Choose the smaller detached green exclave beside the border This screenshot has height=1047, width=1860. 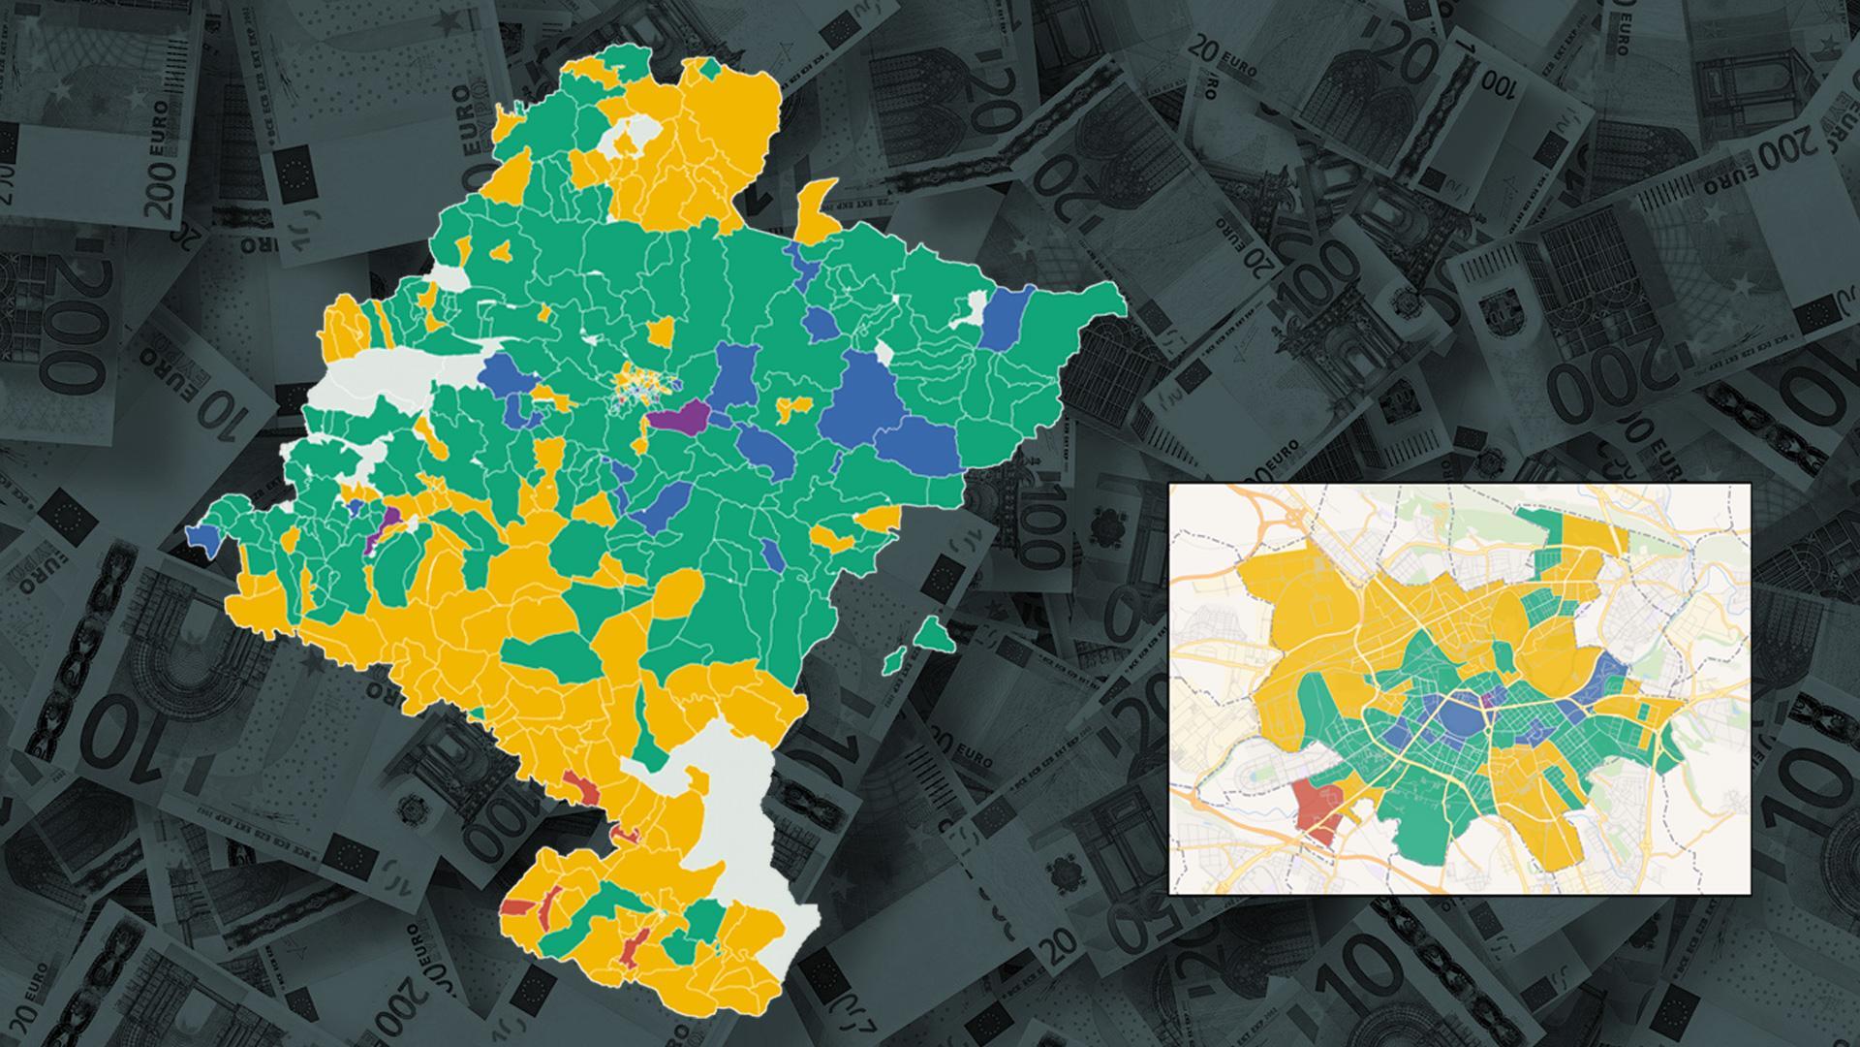(x=895, y=662)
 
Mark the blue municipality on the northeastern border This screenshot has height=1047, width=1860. (x=1006, y=318)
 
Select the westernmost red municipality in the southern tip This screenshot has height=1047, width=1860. (x=516, y=907)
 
